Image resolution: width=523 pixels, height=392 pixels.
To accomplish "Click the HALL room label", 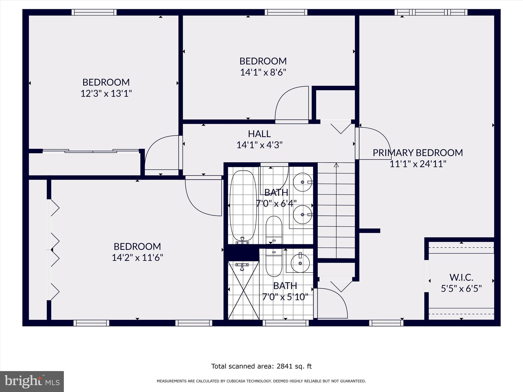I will coord(259,134).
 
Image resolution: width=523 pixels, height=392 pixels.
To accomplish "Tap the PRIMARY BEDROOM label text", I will coord(418,153).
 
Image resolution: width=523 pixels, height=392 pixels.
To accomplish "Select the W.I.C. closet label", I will coord(461,277).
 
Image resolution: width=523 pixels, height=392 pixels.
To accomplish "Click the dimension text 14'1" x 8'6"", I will coord(263,72).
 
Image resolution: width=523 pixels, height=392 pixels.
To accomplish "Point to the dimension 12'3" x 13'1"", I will coord(106,93).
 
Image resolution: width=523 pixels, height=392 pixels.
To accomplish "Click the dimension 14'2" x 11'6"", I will coord(137,258).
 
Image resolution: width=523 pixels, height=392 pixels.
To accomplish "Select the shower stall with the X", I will coord(243,291).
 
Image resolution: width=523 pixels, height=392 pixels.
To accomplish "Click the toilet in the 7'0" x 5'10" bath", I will coord(274,263).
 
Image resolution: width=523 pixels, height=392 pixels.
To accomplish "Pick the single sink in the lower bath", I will coord(300,263).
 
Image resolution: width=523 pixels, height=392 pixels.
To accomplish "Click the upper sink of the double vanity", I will coord(302,182).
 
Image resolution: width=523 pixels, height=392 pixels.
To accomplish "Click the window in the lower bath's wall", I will coord(286,323).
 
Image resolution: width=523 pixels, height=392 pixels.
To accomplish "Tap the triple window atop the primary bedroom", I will coord(431,12).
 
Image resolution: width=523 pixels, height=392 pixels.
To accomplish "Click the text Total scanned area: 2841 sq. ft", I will coord(261,366).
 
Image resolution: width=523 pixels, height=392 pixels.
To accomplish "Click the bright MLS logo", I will coord(32,381).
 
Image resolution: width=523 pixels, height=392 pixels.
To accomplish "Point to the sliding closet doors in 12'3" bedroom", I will coord(91,151).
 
